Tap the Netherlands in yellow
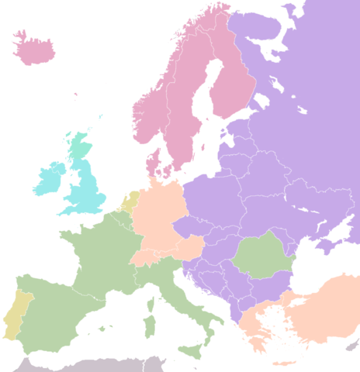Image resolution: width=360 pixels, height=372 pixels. (131, 201)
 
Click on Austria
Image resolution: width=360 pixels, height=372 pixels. (186, 248)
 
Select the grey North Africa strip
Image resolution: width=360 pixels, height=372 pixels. (93, 365)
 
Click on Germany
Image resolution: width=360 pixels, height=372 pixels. (159, 213)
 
